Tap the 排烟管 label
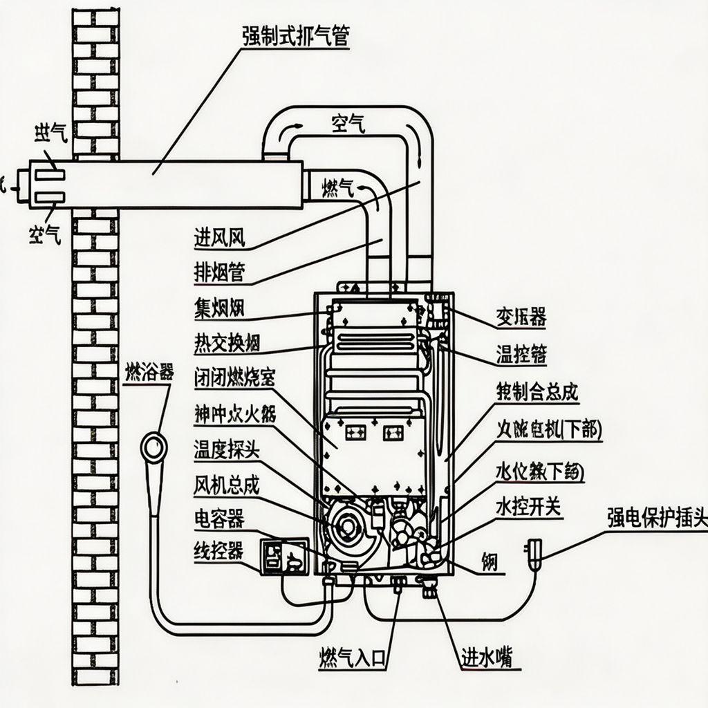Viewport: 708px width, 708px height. pyautogui.click(x=219, y=271)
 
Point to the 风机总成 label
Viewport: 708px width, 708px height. pyautogui.click(x=226, y=485)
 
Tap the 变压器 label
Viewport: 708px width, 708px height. pyautogui.click(x=521, y=317)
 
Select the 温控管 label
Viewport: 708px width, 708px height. pyautogui.click(x=521, y=354)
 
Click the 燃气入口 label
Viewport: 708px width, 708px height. pyautogui.click(x=351, y=656)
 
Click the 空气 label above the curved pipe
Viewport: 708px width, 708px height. pyautogui.click(x=348, y=124)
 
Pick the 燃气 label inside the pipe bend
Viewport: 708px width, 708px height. pyautogui.click(x=339, y=186)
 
